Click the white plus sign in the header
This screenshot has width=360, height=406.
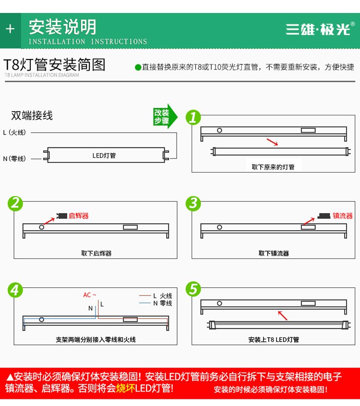coord(10,29)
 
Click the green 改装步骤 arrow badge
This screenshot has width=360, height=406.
coord(165,116)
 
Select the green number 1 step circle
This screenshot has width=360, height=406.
coord(193,117)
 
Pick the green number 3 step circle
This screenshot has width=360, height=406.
coord(193,203)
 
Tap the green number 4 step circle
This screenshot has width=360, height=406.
coord(15,290)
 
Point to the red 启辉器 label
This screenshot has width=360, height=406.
coord(79,216)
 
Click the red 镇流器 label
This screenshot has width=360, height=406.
coord(343,216)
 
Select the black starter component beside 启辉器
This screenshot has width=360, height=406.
coord(62,216)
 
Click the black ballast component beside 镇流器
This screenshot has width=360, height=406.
coord(324,216)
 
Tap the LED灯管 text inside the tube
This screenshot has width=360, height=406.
coord(104,155)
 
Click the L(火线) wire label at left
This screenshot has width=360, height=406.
coord(14,133)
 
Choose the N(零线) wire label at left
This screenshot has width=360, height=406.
coord(14,159)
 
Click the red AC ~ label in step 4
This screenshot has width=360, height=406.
coord(89,295)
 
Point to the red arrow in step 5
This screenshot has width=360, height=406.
coord(283,316)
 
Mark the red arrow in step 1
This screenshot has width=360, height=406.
coord(272,142)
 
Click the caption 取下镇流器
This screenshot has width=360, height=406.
coord(274,253)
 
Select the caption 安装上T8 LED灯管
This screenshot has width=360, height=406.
coord(274,340)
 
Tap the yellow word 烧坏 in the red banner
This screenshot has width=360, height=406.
coord(126,388)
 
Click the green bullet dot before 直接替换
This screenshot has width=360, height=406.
coord(138,68)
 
